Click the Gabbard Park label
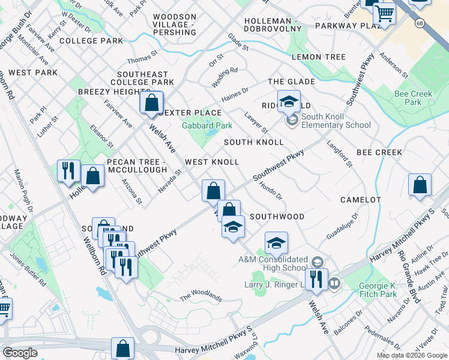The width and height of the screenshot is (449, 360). [206, 125]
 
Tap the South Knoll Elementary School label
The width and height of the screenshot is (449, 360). [336, 121]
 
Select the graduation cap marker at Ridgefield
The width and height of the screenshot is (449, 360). [289, 101]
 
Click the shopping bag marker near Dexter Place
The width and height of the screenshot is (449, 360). [151, 103]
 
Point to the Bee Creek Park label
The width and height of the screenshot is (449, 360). [414, 98]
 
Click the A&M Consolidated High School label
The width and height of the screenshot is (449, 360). [273, 263]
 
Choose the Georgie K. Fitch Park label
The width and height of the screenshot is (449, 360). [378, 290]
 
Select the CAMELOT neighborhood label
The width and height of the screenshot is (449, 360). [360, 199]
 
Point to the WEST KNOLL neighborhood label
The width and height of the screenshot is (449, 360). [212, 162]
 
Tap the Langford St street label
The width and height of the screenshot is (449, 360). [339, 153]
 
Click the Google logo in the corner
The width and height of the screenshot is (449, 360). [20, 353]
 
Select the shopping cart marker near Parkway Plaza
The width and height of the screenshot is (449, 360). [384, 13]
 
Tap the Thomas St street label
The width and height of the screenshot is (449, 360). [142, 60]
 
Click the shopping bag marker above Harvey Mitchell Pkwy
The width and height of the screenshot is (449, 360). [123, 349]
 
